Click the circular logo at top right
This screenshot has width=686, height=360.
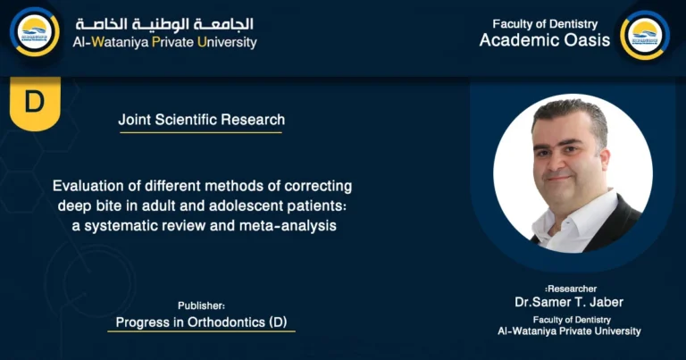pos(644,35)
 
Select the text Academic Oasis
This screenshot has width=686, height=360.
pos(545,40)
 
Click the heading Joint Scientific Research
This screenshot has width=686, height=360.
pos(201,120)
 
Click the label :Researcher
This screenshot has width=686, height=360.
pos(568,289)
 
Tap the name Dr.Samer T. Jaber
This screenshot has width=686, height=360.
pos(569,302)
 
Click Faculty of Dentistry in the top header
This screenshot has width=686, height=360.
pos(545,24)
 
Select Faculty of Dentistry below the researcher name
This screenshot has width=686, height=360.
pos(569,319)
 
